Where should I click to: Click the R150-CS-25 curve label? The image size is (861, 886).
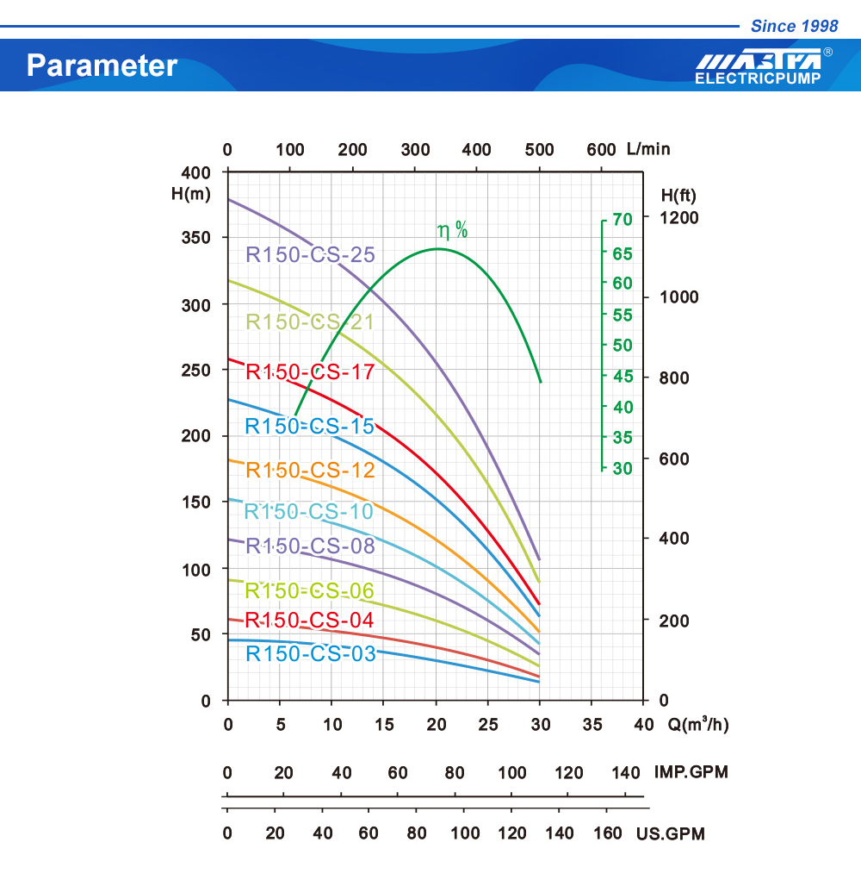pyautogui.click(x=310, y=255)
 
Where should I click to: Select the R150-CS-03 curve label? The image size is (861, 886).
pyautogui.click(x=311, y=654)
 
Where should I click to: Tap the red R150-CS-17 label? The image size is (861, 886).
pyautogui.click(x=310, y=372)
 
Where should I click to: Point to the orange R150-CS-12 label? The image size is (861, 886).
pyautogui.click(x=310, y=471)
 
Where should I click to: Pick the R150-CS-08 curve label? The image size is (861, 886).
pyautogui.click(x=310, y=546)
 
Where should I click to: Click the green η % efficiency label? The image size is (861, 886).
pyautogui.click(x=453, y=230)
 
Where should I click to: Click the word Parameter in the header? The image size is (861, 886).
pyautogui.click(x=102, y=66)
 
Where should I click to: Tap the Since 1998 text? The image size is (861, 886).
pyautogui.click(x=794, y=26)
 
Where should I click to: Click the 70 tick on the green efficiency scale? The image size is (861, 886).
pyautogui.click(x=623, y=220)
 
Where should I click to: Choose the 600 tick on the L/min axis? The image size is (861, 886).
pyautogui.click(x=601, y=150)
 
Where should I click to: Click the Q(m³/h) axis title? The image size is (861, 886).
pyautogui.click(x=698, y=724)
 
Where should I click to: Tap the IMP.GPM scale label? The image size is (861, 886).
pyautogui.click(x=691, y=772)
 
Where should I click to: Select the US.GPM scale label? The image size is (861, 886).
pyautogui.click(x=671, y=833)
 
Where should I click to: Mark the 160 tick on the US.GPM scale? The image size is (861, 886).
pyautogui.click(x=607, y=833)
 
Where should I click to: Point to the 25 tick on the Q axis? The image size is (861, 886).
pyautogui.click(x=487, y=724)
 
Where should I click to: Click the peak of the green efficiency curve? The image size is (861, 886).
pyautogui.click(x=438, y=249)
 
